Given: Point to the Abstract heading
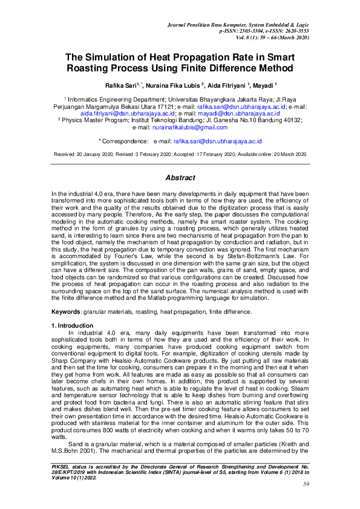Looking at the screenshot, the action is (180, 178).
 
